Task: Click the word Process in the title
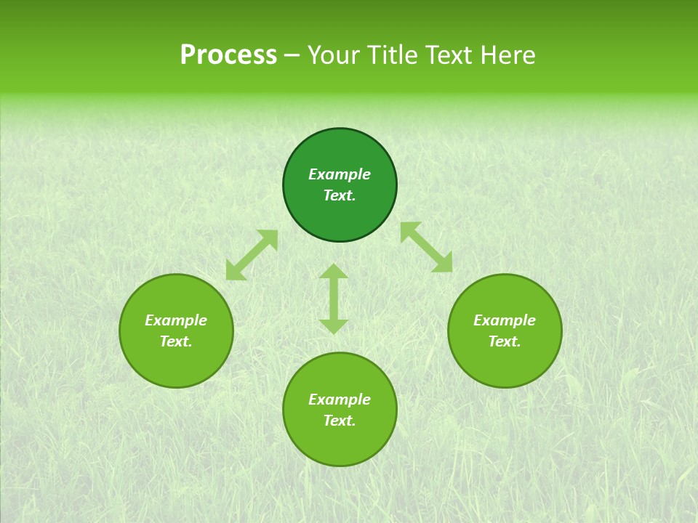point(228,55)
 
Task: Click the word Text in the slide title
point(449,55)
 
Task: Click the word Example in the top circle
point(340,174)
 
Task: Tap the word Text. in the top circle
point(340,195)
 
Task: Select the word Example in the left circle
point(176,320)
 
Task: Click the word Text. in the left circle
point(176,341)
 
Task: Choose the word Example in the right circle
point(505,320)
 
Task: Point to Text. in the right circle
point(505,341)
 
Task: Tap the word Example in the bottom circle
point(340,400)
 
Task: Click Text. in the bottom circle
point(340,421)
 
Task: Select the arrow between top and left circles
point(252,255)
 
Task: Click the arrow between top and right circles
point(426,247)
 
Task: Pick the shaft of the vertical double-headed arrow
point(334,299)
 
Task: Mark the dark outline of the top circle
point(340,129)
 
